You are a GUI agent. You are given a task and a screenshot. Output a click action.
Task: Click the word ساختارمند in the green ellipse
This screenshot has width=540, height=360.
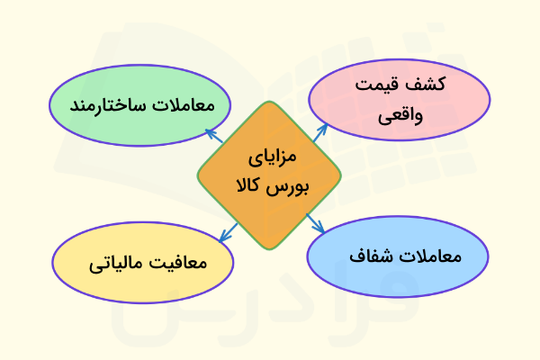(105, 106)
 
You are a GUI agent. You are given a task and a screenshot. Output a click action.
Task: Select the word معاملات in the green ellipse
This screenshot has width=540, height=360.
(184, 106)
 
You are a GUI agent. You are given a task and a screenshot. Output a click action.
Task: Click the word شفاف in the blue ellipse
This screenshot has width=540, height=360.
(367, 256)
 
